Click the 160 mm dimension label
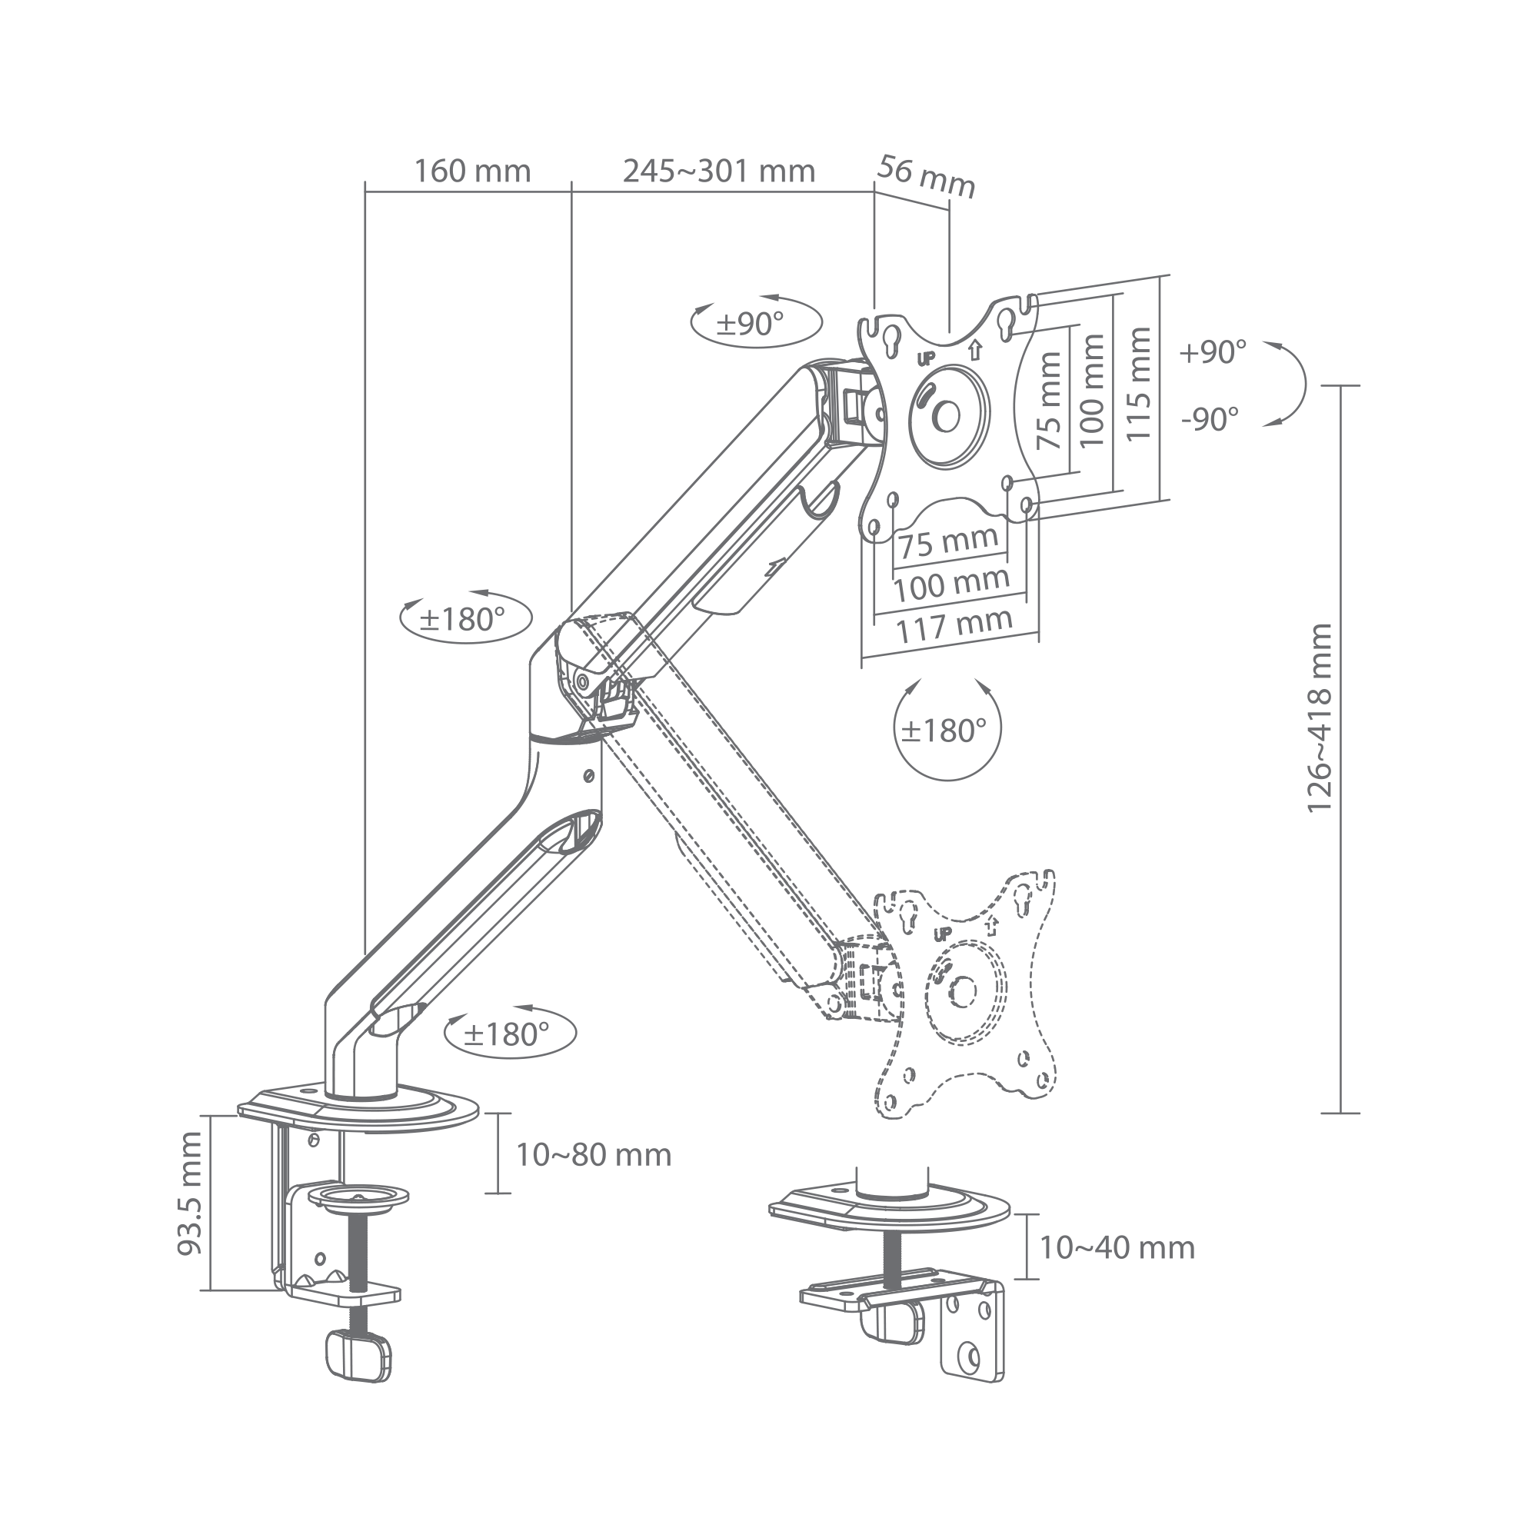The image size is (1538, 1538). [x=472, y=171]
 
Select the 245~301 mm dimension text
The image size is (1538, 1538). [x=719, y=171]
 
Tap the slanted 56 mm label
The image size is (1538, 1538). [x=927, y=178]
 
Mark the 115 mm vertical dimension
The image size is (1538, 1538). [x=1139, y=384]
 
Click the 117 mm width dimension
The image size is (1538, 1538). [x=954, y=626]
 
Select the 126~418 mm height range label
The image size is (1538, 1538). [x=1320, y=718]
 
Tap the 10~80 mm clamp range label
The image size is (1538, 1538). [x=594, y=1155]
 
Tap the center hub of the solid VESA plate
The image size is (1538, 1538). [x=948, y=415]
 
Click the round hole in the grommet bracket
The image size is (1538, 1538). [x=970, y=1355]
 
